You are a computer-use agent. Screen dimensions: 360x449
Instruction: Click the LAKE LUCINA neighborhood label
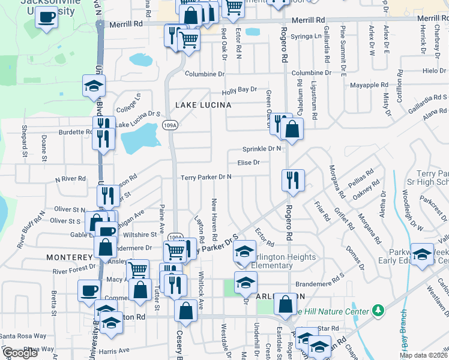[x=203, y=105]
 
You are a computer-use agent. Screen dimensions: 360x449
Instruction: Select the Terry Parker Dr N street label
[x=206, y=177]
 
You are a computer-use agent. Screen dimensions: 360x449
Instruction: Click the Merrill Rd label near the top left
[x=126, y=23]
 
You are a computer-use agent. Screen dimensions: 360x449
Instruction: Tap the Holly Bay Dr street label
[x=239, y=90]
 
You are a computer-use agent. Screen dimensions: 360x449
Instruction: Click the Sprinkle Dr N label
[x=262, y=148]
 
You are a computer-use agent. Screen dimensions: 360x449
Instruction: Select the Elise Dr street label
[x=249, y=162]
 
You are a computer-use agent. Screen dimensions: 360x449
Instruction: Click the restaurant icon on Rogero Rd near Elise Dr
[x=293, y=179]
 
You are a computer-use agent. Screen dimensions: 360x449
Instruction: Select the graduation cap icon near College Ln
[x=94, y=86]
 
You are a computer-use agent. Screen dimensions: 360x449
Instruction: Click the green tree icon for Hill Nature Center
[x=378, y=310]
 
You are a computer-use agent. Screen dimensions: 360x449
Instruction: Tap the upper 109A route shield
[x=170, y=124]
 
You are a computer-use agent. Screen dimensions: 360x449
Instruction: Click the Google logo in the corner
[x=20, y=353]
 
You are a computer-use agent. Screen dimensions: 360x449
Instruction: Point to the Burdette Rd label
[x=74, y=132]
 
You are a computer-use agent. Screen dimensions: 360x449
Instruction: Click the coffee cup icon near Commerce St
[x=89, y=290]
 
